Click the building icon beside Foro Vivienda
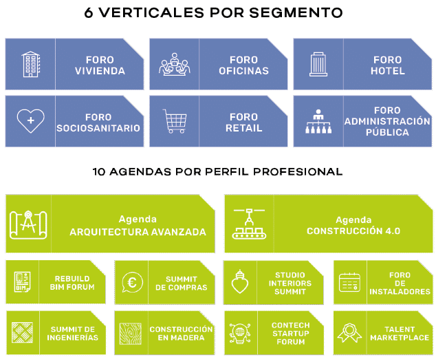pos(31,65)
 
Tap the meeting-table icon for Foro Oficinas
pos(174,65)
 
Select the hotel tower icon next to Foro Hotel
pos(318,65)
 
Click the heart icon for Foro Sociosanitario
pos(30,122)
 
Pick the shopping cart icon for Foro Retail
pos(174,122)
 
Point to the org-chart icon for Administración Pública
pos(318,122)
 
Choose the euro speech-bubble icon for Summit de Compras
pos(131,282)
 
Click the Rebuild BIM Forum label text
pos(75,282)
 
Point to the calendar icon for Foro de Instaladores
pos(349,282)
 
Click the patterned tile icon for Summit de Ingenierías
pos(22,332)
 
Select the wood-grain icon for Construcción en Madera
pos(131,332)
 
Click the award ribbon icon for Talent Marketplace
pos(349,332)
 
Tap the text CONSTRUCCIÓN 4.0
pos(353,231)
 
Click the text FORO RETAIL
pos(243,123)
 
